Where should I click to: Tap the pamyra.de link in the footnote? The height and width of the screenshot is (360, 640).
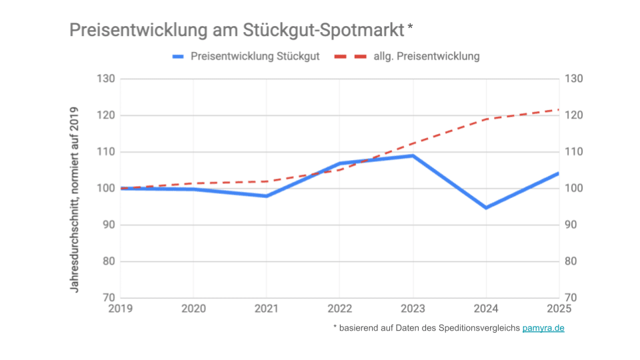point(543,328)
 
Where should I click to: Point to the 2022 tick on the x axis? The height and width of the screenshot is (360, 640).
point(339,309)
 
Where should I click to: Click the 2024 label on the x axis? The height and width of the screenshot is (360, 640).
point(486,309)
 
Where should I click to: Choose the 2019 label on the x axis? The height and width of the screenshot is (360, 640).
point(121,309)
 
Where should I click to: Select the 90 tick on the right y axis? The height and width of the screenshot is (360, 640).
point(574,225)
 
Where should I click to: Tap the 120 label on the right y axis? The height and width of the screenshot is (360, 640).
point(574,115)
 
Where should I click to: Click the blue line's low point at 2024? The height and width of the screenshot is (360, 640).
point(486,208)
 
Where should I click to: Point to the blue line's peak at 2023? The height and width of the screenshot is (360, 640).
point(413,156)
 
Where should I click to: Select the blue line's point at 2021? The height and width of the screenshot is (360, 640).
point(267,196)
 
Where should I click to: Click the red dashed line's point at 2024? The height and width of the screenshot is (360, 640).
point(486,119)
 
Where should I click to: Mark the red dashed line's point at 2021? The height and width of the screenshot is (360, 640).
point(267,181)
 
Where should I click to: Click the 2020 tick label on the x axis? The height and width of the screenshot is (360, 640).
point(193,309)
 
